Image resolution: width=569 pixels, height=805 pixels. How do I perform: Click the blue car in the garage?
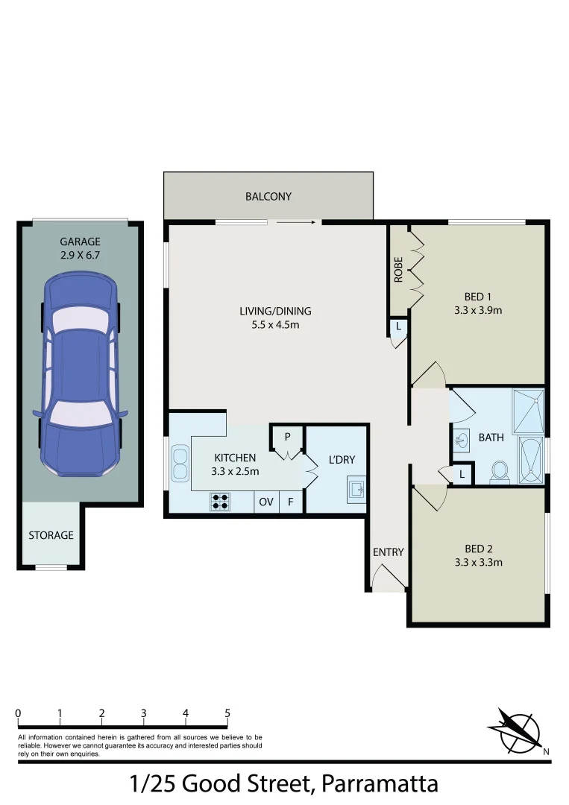coord(80,376)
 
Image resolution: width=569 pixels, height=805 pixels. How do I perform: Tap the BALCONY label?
coord(268,197)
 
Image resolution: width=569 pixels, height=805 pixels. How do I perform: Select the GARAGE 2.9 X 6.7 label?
coord(80,248)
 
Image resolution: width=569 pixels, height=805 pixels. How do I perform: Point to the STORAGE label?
coord(51,535)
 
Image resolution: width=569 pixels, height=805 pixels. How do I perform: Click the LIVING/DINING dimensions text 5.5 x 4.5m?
coord(275,325)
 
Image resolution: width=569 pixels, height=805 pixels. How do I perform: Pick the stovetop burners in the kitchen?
coord(221,502)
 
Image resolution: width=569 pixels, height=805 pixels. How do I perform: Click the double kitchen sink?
coord(180,463)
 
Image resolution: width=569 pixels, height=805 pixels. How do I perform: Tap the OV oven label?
coord(266,502)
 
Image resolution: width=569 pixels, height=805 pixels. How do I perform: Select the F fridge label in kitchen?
coord(291,502)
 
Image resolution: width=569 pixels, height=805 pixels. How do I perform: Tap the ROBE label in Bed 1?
coord(399,269)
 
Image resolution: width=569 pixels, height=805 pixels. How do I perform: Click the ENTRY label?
coord(388,552)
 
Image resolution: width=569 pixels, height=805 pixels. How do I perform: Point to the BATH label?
coord(491,438)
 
